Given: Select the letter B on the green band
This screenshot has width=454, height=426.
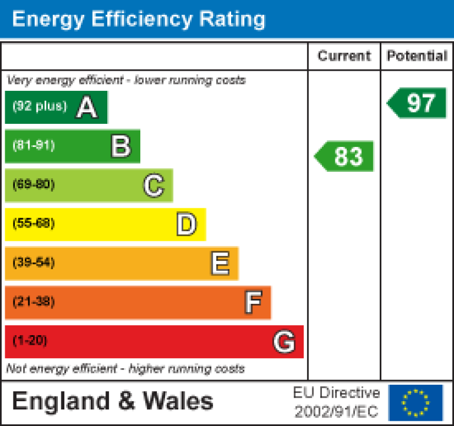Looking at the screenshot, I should pos(121,146).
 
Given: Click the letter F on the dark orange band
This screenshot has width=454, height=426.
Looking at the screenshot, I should pos(253,303).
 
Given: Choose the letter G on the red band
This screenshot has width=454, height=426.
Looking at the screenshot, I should pos(284,342).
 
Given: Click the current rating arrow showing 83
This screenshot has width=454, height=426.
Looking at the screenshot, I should pos(344,156).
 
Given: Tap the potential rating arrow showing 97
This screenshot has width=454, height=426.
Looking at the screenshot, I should pos(417,103).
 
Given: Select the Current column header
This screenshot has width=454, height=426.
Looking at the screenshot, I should pos(344,56).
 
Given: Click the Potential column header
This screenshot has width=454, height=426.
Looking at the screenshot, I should pos(417,56).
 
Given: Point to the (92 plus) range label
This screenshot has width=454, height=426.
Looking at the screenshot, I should pos(40,107).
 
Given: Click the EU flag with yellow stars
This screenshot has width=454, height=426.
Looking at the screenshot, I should pos(416,402).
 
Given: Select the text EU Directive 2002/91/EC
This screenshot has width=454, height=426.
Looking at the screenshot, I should pos(337,402).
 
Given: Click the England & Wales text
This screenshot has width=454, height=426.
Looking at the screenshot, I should pos(113,402).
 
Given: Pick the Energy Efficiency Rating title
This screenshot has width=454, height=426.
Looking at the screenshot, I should pos(139,19).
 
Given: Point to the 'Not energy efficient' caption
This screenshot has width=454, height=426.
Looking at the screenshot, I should pos(125,369).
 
